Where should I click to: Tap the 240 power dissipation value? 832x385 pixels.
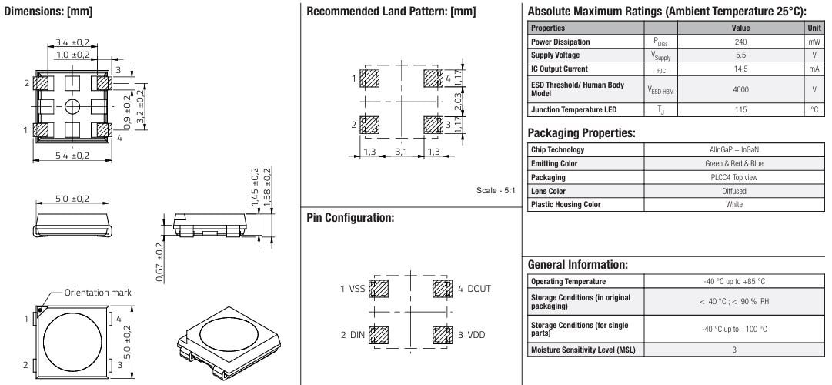click(x=733, y=42)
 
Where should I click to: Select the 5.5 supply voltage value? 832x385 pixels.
click(x=733, y=56)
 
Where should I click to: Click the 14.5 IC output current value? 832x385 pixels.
click(x=733, y=70)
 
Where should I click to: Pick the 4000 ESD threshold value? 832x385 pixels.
click(x=733, y=89)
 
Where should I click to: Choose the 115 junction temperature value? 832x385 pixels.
click(x=733, y=109)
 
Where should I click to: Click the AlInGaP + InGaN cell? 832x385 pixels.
click(x=733, y=149)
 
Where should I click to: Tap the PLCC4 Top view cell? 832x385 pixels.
click(x=733, y=177)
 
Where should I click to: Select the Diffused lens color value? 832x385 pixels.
click(x=733, y=190)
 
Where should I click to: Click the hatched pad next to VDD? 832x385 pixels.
click(x=440, y=335)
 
